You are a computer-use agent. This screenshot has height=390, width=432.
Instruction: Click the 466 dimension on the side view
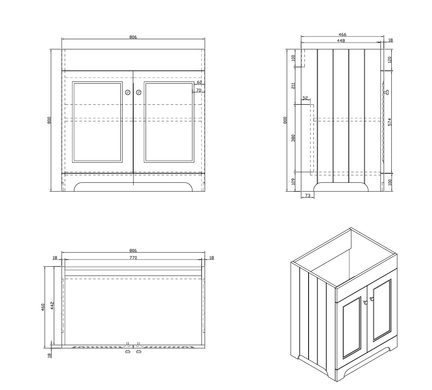[x=342, y=34]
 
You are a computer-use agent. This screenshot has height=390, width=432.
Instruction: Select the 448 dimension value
[x=341, y=41]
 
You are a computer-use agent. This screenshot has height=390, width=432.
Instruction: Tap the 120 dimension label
[x=389, y=60]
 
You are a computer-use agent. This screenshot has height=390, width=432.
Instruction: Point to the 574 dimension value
[x=389, y=122]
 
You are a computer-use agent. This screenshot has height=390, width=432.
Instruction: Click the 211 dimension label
[x=293, y=86]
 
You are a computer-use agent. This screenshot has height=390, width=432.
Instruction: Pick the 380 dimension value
[x=293, y=138]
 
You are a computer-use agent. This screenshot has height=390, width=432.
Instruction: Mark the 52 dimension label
[x=305, y=98]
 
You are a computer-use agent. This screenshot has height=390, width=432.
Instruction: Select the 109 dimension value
[x=293, y=181]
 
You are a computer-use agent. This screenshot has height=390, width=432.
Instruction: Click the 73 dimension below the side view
[x=307, y=195]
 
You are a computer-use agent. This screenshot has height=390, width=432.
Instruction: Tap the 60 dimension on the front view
[x=199, y=82]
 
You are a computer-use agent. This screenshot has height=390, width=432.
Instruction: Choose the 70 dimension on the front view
[x=199, y=90]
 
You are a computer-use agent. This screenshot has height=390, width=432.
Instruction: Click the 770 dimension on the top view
[x=133, y=258]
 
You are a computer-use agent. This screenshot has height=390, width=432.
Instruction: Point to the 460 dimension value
[x=43, y=307]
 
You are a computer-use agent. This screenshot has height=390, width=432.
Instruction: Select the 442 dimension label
[x=52, y=305]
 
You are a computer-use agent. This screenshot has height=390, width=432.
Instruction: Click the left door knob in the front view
[x=128, y=92]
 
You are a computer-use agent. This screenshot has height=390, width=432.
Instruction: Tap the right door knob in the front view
[x=138, y=92]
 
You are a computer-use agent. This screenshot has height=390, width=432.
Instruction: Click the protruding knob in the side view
[x=386, y=92]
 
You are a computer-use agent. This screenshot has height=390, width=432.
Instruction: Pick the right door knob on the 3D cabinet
[x=372, y=299]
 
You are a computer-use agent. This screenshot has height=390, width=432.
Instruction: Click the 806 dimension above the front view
[x=133, y=37]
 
